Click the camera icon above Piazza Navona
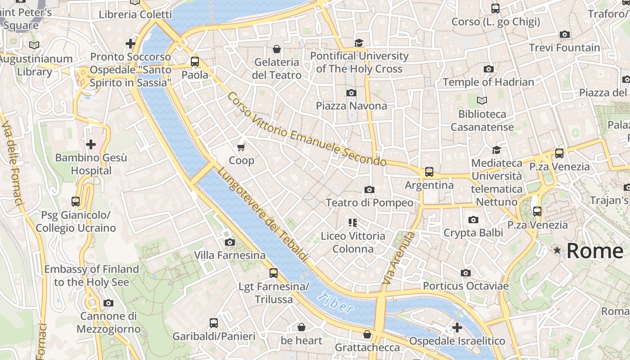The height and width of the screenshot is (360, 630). [x=351, y=93]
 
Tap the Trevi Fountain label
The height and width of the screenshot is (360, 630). [x=564, y=48]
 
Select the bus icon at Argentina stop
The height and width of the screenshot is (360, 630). [x=429, y=172]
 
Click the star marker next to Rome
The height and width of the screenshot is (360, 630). [x=558, y=250]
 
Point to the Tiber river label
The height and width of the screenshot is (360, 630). [x=335, y=303]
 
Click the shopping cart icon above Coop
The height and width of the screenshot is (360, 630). [x=241, y=147]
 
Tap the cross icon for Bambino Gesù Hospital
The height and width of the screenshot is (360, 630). [x=91, y=144]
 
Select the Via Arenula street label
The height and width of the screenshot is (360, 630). [x=397, y=258]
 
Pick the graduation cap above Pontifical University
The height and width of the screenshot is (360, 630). [x=359, y=43]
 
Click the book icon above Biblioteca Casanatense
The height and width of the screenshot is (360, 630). [x=482, y=100]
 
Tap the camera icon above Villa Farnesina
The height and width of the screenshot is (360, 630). [x=229, y=242]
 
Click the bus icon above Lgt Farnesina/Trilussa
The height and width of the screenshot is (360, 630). [x=273, y=273]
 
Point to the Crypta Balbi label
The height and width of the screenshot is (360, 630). [x=473, y=233]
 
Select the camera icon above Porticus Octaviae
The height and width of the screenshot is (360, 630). [x=466, y=273]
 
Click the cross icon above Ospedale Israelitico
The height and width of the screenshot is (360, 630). [x=457, y=328]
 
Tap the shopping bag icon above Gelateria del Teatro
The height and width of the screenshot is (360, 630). [x=277, y=49]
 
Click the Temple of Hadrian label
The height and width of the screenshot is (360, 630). [x=488, y=82]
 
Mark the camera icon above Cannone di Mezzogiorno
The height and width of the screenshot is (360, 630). [x=108, y=303]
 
